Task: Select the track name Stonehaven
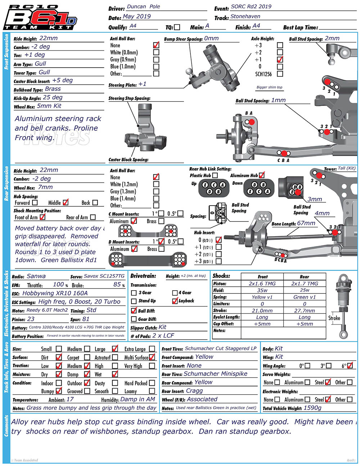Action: pyautogui.click(x=245, y=17)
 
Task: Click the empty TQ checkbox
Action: pyautogui.click(x=177, y=27)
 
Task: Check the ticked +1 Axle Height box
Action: pyautogui.click(x=280, y=59)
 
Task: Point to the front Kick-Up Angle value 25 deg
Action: pyautogui.click(x=53, y=98)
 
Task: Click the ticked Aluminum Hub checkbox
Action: pyautogui.click(x=262, y=175)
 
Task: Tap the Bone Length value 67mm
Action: pyautogui.click(x=306, y=223)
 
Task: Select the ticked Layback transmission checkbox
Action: pyautogui.click(x=175, y=301)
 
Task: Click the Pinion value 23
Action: pyautogui.click(x=31, y=319)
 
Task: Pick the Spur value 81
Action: pyautogui.click(x=86, y=319)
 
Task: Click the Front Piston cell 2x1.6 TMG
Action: pyautogui.click(x=262, y=284)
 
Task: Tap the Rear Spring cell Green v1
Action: pyautogui.click(x=305, y=297)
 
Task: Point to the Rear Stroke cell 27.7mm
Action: pyautogui.click(x=305, y=310)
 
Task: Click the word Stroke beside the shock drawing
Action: pyautogui.click(x=334, y=318)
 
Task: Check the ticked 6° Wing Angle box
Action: pyautogui.click(x=350, y=366)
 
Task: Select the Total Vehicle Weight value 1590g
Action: pyautogui.click(x=312, y=408)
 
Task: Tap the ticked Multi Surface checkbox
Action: pyautogui.click(x=152, y=357)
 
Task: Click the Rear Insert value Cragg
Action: pyautogui.click(x=194, y=391)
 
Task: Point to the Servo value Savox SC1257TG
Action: pyautogui.click(x=104, y=276)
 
